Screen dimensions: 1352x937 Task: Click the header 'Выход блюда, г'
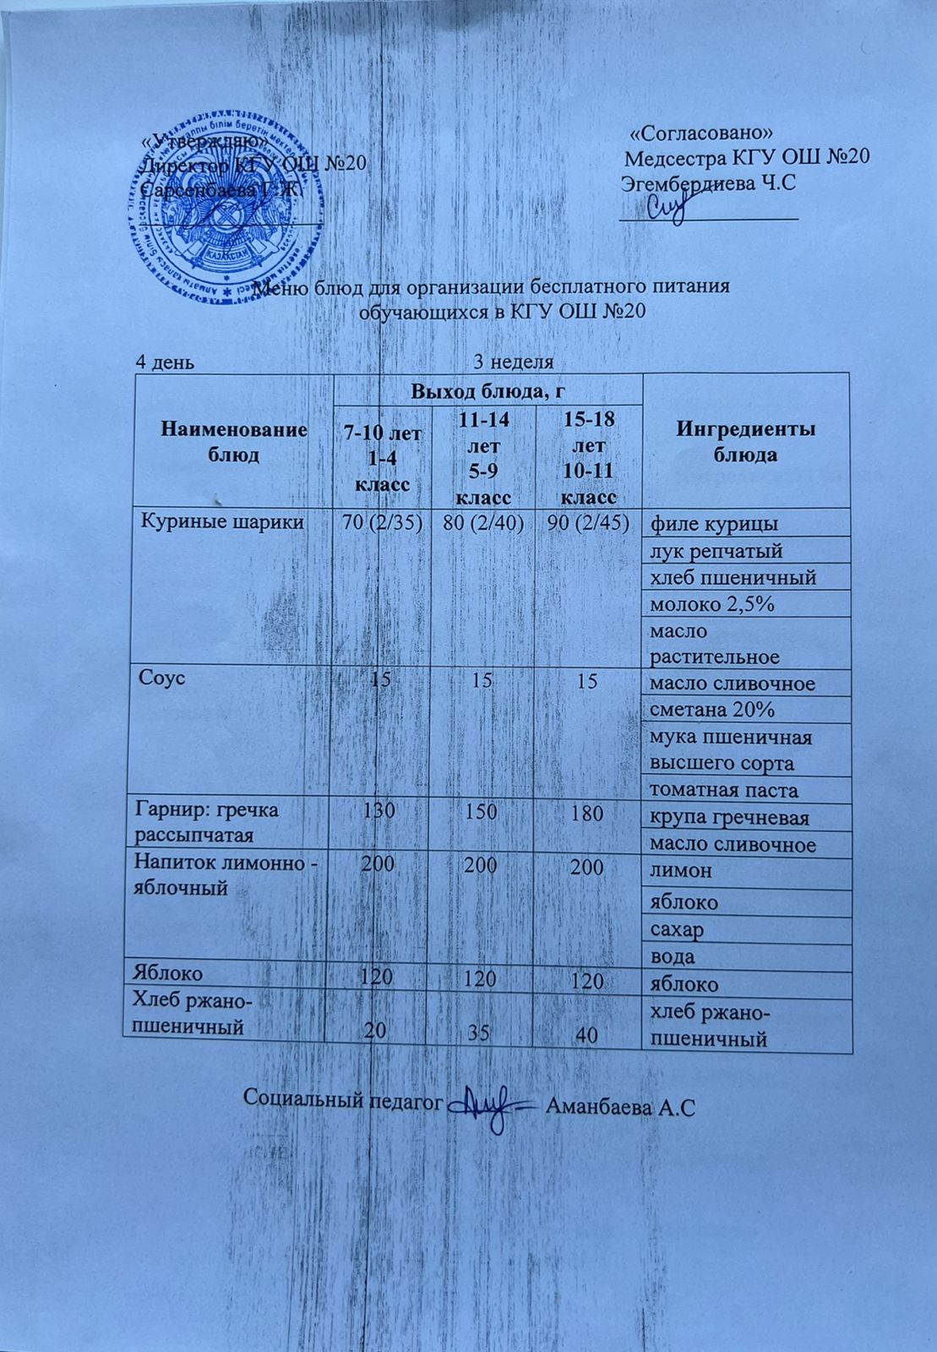pyautogui.click(x=487, y=391)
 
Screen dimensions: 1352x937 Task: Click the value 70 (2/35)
pyautogui.click(x=381, y=522)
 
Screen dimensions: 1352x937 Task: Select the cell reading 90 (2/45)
pyautogui.click(x=588, y=523)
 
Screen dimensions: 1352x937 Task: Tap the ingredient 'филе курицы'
pyautogui.click(x=709, y=525)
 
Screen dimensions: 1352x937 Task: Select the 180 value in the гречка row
pyautogui.click(x=586, y=814)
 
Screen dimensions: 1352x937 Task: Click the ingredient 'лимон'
pyautogui.click(x=680, y=870)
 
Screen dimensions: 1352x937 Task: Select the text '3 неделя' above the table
pyautogui.click(x=513, y=363)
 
